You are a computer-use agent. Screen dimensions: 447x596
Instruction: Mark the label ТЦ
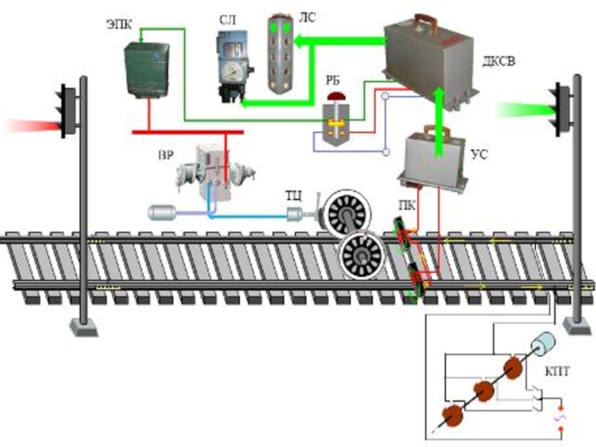294,195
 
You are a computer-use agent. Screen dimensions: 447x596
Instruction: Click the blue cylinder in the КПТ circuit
546,345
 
